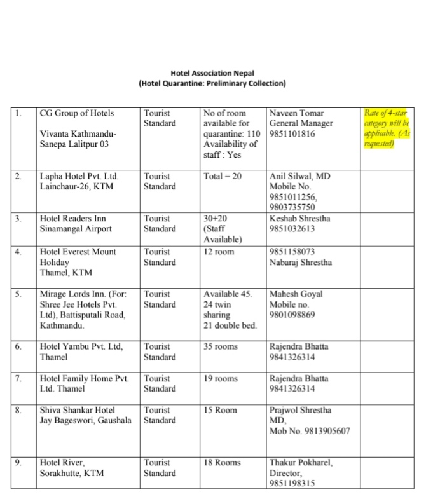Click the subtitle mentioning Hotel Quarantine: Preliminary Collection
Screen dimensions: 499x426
212,83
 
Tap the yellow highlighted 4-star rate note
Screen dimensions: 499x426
387,128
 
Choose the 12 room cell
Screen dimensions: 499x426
219,252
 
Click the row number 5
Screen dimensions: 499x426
19,294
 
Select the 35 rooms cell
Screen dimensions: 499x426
221,347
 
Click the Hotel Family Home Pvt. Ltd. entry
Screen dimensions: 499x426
84,379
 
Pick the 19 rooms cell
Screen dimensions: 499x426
221,379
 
